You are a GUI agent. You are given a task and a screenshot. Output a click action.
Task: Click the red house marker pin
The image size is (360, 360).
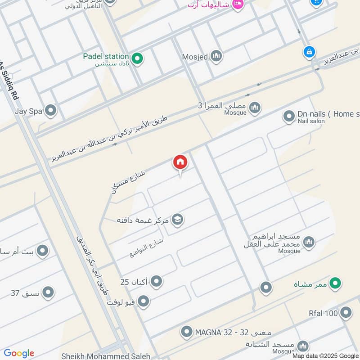pos(180,162)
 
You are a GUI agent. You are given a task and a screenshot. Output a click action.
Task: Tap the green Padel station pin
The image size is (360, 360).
pos(138,58)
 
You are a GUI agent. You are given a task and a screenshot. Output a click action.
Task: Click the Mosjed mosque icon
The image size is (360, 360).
pos(216,57)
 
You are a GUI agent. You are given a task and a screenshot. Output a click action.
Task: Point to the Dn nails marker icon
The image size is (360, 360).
pos(288,117)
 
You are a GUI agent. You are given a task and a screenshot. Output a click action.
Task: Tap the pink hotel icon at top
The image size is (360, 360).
pos(238,4)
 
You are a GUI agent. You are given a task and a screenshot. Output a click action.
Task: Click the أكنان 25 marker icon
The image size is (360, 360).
pos(156,282)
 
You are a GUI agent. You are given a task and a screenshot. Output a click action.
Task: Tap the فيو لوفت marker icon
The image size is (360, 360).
pos(143,301)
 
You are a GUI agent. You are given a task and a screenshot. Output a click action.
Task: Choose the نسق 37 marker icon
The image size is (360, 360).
pos(49,293)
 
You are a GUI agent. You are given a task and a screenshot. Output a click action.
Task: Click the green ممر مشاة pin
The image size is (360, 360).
pos(334,283)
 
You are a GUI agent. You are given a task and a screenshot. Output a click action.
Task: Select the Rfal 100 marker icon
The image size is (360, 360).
pos(346,313)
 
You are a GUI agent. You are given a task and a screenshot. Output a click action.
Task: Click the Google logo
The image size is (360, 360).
pos(18,353)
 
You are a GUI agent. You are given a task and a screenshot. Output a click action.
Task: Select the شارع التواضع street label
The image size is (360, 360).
pos(145,247)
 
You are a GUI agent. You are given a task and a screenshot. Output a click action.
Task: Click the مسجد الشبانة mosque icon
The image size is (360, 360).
pos(303,346)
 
